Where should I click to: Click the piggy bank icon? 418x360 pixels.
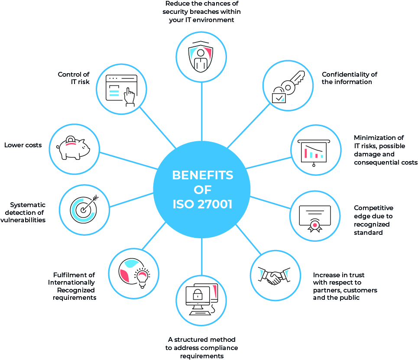73,148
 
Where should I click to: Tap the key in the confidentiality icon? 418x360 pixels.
292,82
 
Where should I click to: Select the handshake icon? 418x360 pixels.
274,276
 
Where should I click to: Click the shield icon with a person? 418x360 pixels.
201,56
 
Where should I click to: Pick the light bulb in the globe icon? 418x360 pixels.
143,278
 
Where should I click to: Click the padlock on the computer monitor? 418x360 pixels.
198,295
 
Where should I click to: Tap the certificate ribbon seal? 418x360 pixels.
315,226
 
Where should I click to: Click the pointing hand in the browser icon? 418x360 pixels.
130,97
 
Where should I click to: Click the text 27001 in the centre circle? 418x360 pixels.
215,204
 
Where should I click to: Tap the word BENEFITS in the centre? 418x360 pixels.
203,175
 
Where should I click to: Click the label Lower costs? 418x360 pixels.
23,145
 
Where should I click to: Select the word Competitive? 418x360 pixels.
373,208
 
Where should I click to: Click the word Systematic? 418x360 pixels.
28,205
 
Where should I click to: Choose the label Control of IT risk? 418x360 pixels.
74,78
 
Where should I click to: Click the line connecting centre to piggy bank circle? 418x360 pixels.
129,161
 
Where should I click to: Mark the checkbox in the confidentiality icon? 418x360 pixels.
279,98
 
